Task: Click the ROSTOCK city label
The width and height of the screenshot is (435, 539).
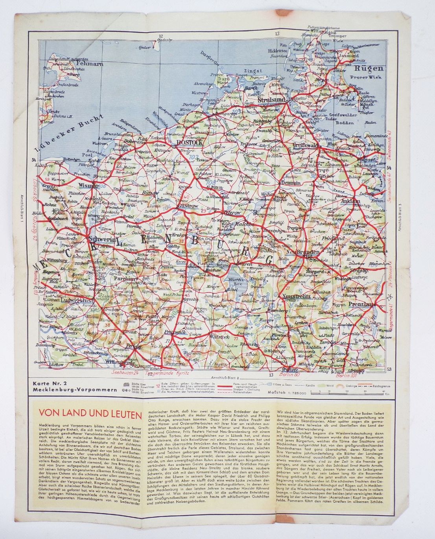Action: [189, 143]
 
